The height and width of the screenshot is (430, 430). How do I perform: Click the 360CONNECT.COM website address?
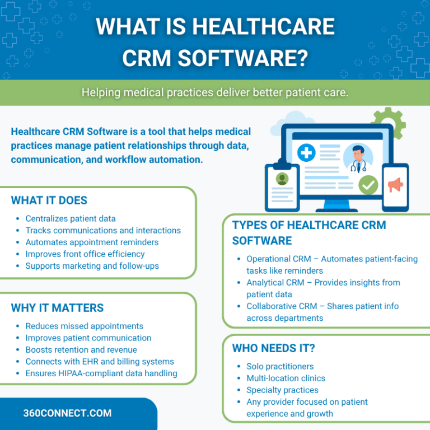tap(67, 413)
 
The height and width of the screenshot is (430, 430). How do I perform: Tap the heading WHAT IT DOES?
tap(49, 200)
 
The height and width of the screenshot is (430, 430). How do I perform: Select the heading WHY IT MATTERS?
tap(57, 308)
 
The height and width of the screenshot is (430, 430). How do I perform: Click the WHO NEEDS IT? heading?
tap(273, 348)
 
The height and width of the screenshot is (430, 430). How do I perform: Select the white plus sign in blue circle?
tap(306, 153)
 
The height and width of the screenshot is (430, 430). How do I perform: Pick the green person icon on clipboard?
tap(282, 179)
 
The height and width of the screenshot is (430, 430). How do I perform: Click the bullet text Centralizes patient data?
tap(71, 218)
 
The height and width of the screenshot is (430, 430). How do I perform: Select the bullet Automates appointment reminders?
tap(92, 242)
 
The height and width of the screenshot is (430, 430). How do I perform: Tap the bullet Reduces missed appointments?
tap(84, 326)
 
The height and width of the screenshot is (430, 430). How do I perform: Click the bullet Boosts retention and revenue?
tap(81, 350)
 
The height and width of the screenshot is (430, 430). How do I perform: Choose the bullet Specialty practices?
tap(282, 390)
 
